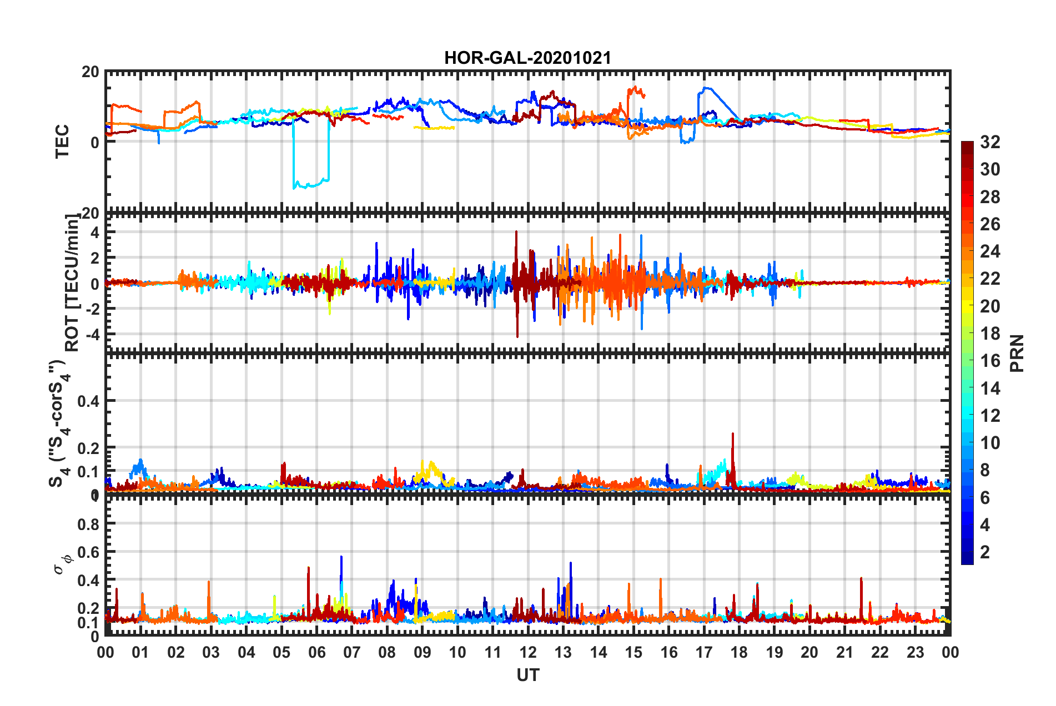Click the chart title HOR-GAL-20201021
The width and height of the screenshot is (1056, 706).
click(527, 58)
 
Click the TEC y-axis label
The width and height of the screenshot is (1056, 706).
click(62, 142)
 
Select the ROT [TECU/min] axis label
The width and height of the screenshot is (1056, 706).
click(72, 283)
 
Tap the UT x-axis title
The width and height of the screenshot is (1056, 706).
click(527, 675)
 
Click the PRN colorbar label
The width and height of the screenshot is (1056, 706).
click(1017, 353)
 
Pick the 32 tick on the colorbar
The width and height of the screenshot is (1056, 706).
click(990, 142)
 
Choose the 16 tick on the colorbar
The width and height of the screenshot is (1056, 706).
click(990, 361)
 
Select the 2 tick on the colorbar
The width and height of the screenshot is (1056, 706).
click(985, 552)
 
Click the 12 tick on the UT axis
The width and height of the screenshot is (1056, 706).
click(528, 652)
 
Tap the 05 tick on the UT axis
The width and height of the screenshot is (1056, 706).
click(281, 652)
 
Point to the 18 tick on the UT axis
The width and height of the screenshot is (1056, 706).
click(739, 652)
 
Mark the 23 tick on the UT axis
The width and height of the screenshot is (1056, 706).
click(915, 652)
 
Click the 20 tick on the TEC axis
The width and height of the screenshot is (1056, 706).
click(90, 72)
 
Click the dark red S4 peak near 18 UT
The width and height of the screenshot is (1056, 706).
click(733, 435)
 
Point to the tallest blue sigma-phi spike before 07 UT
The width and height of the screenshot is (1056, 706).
click(341, 557)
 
